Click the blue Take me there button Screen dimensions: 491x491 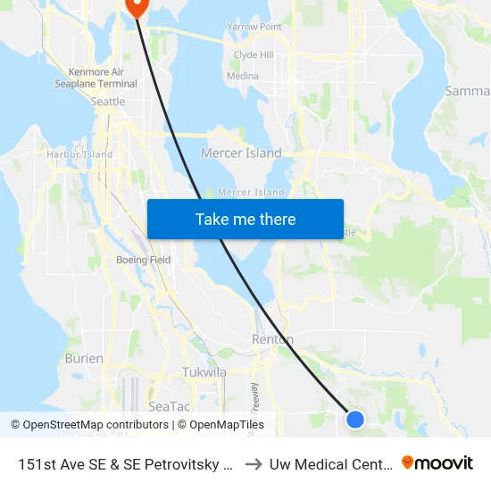(x=245, y=219)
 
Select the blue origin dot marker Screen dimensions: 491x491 (x=355, y=419)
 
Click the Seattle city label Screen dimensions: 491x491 (x=109, y=102)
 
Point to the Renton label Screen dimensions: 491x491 (x=272, y=340)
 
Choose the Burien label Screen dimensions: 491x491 (x=84, y=358)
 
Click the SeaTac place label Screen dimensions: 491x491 (x=169, y=405)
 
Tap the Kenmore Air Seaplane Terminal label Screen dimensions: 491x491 (x=103, y=78)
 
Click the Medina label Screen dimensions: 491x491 (x=243, y=77)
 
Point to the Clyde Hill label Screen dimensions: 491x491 (x=253, y=55)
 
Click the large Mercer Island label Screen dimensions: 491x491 (x=241, y=154)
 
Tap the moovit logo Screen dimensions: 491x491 (x=437, y=463)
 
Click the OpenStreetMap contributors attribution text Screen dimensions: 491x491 (x=90, y=425)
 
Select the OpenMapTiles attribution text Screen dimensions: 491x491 (x=221, y=425)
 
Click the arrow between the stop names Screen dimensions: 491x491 (x=253, y=464)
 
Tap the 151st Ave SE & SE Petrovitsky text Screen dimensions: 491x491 (x=126, y=464)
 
